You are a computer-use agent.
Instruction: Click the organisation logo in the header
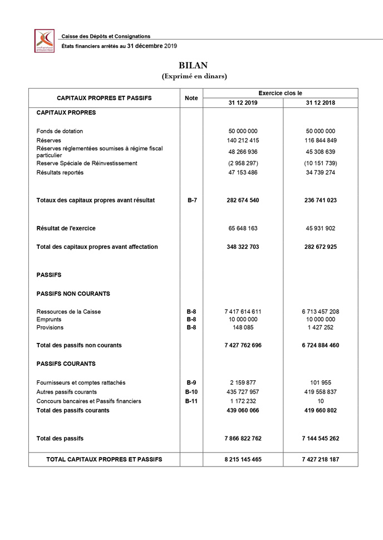tap(45, 41)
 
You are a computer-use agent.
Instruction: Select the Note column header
tap(191, 97)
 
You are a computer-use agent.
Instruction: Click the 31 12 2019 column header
tap(243, 102)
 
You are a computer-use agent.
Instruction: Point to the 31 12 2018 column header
tap(320, 102)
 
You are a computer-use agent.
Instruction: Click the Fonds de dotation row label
tap(60, 131)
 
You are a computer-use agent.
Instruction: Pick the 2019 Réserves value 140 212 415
tap(243, 140)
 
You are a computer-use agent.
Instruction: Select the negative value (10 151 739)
tap(320, 163)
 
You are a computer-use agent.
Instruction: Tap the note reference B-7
tap(191, 200)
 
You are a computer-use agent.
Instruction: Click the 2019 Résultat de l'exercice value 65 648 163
tap(243, 228)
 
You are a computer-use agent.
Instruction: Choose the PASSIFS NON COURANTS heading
tap(73, 293)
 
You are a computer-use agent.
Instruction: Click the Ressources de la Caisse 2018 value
tap(320, 311)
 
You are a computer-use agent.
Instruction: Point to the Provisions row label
tap(50, 328)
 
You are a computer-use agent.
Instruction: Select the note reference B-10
tap(191, 392)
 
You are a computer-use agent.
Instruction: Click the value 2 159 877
tap(243, 382)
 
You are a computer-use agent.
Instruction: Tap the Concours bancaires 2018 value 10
tap(320, 401)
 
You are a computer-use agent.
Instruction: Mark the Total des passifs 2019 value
tap(243, 438)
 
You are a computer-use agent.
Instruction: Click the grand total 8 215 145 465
tap(243, 459)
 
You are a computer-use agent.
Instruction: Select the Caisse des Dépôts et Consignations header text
tap(106, 36)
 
